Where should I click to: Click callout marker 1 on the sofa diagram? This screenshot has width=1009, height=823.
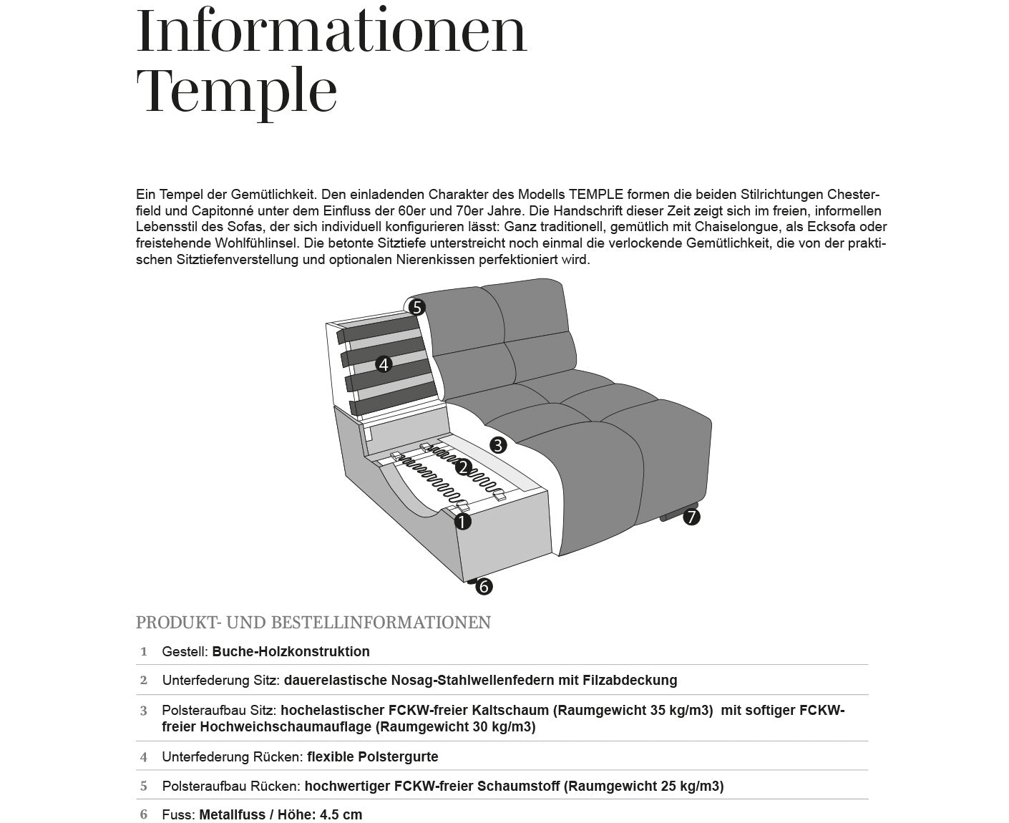[463, 522]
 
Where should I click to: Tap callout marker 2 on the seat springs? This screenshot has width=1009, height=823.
[463, 468]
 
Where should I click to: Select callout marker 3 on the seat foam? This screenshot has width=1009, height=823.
[498, 444]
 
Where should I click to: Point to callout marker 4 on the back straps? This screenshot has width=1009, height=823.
[384, 364]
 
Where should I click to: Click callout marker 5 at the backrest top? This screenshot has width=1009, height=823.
[417, 308]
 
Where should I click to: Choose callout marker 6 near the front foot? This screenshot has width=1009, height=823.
[484, 587]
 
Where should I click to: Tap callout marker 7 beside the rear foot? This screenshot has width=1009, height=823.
[691, 516]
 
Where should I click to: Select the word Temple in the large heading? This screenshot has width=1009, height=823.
[236, 92]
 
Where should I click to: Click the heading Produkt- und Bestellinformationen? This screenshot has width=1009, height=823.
[313, 623]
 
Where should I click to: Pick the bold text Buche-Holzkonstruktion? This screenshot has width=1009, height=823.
[291, 652]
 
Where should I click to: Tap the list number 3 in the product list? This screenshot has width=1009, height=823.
[144, 711]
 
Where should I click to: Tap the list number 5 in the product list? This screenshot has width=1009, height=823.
[144, 787]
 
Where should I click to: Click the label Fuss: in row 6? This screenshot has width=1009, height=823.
[178, 815]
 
